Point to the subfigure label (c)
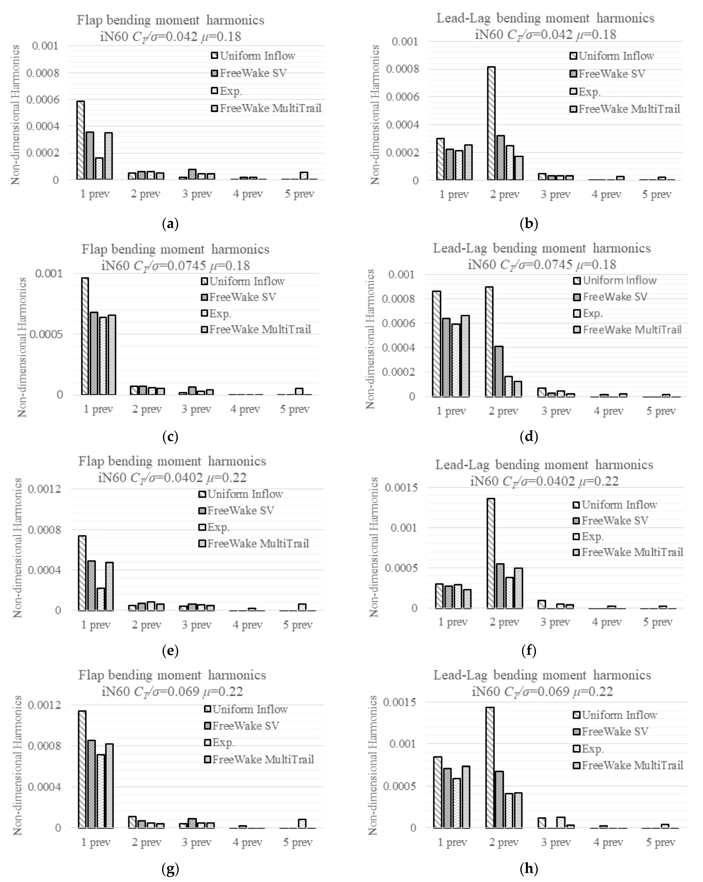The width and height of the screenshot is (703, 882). [170, 436]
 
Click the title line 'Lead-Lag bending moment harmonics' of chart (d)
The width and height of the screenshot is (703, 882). [541, 248]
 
